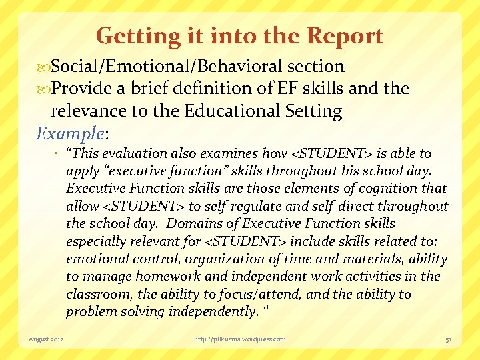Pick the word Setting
[x=313, y=111]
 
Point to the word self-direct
[x=349, y=206]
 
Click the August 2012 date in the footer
[x=45, y=339]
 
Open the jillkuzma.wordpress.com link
[x=239, y=339]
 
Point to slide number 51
[x=449, y=339]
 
